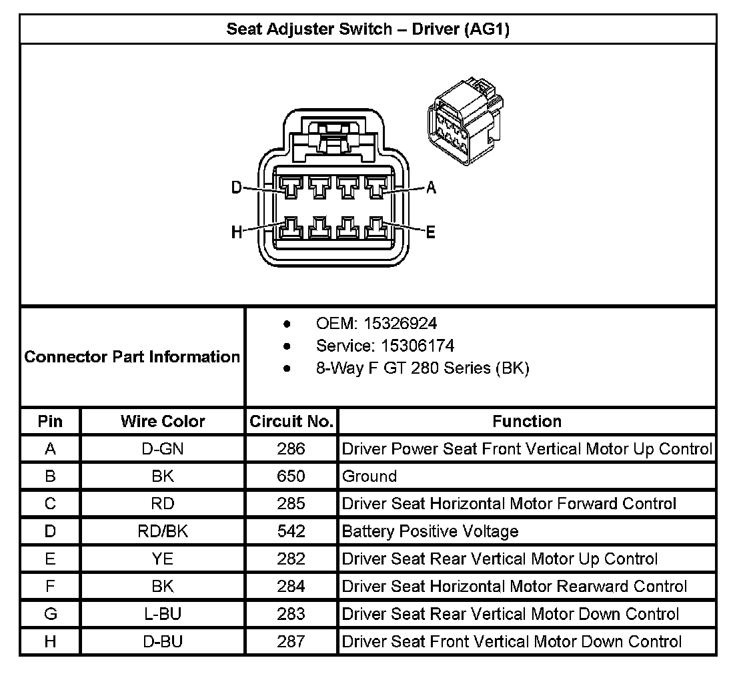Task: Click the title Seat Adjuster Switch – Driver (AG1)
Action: pos(367,29)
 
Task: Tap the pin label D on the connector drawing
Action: pos(236,188)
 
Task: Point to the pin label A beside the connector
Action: pos(431,188)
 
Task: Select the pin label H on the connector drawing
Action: pos(236,232)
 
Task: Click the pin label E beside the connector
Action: pos(430,232)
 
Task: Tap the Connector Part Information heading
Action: pos(132,357)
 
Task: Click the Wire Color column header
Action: pos(163,421)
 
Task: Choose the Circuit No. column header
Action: pos(291,421)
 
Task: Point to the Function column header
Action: pos(527,421)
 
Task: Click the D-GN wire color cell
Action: pos(163,449)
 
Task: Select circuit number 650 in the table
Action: pos(291,476)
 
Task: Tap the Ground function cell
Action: pos(369,476)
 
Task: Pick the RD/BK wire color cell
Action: pos(163,531)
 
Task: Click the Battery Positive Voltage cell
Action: pos(430,531)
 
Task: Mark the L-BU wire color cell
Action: pos(163,614)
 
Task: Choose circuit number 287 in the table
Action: pos(291,641)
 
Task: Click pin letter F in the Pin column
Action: pos(50,587)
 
